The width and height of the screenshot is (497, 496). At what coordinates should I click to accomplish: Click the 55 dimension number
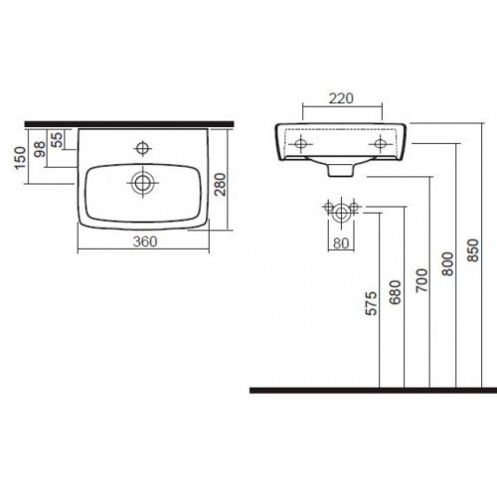57,139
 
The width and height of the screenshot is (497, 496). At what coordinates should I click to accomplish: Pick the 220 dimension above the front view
341,98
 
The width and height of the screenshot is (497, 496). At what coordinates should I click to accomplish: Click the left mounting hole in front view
298,145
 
